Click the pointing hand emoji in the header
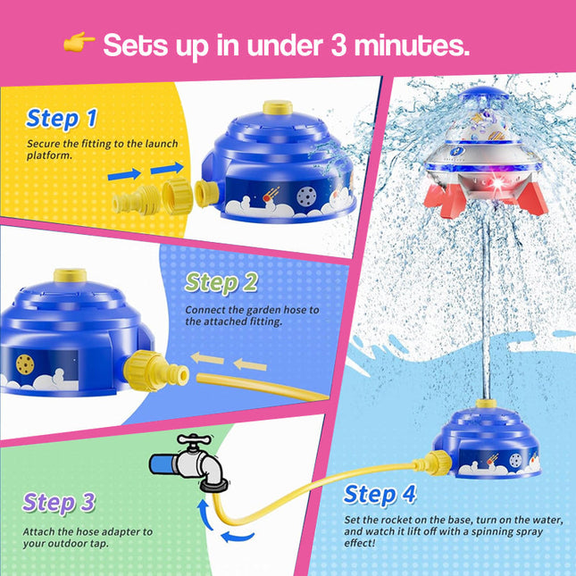coord(79,44)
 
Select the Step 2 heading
coord(221,283)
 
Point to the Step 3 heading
coord(59,502)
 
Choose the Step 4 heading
coord(380,494)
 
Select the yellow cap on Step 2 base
coord(64,276)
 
